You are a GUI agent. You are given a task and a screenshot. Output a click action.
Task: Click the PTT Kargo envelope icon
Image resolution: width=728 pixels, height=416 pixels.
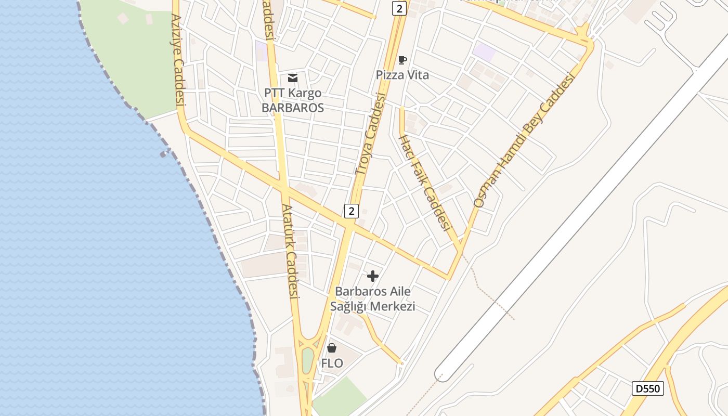point(293,78)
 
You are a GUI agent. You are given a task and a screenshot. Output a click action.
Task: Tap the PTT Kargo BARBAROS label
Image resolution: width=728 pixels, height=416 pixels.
point(293,100)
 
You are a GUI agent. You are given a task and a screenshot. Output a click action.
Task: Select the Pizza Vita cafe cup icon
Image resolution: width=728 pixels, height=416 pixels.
point(402,60)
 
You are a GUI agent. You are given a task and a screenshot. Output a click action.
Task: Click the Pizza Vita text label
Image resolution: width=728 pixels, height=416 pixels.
point(402,75)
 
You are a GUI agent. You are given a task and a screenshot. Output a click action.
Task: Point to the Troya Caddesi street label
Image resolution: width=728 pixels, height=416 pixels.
point(371,134)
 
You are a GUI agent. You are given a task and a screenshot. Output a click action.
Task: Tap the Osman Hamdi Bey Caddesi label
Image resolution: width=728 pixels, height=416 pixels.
point(525,139)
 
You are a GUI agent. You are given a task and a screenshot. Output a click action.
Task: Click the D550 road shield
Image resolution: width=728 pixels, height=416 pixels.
point(648,388)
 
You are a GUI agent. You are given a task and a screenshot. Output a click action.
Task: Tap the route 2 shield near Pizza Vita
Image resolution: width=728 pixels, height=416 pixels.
point(399,8)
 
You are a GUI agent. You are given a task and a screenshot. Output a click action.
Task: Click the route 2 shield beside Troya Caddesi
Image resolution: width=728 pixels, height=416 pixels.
point(352,211)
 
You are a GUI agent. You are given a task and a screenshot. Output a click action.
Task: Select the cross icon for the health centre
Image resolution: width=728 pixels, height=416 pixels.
point(373,276)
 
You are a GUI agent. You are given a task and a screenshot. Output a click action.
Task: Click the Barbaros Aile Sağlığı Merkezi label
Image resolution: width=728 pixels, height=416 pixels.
point(372,299)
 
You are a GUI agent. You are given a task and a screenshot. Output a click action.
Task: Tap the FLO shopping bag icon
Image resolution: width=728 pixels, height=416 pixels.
point(332,348)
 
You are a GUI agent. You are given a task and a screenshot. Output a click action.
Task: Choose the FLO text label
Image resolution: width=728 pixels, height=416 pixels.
point(332,363)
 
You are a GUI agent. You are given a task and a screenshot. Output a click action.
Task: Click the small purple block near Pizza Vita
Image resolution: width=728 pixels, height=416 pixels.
point(484,51)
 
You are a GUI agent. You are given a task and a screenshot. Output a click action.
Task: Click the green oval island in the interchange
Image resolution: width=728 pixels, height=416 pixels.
point(308,359)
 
